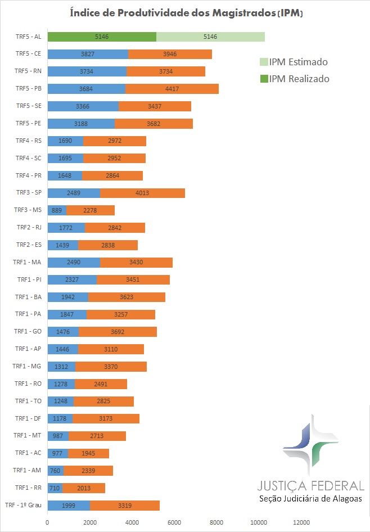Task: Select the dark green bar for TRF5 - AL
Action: tap(102, 37)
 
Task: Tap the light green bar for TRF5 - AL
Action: tap(210, 37)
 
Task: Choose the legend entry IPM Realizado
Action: tap(293, 79)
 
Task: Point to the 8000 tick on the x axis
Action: tap(217, 521)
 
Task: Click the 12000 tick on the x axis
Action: tap(301, 521)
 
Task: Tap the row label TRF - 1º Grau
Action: tap(24, 505)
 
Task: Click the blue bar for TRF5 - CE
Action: tap(88, 54)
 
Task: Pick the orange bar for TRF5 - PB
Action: tap(172, 89)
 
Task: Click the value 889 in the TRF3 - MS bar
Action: tap(57, 210)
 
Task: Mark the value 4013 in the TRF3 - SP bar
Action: tap(142, 193)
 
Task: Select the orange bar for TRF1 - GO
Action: tap(118, 332)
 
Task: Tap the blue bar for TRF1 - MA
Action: tap(74, 262)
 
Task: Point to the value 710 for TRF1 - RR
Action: tap(55, 488)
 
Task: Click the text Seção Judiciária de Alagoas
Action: tap(310, 499)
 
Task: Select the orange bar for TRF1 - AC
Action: tap(88, 453)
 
